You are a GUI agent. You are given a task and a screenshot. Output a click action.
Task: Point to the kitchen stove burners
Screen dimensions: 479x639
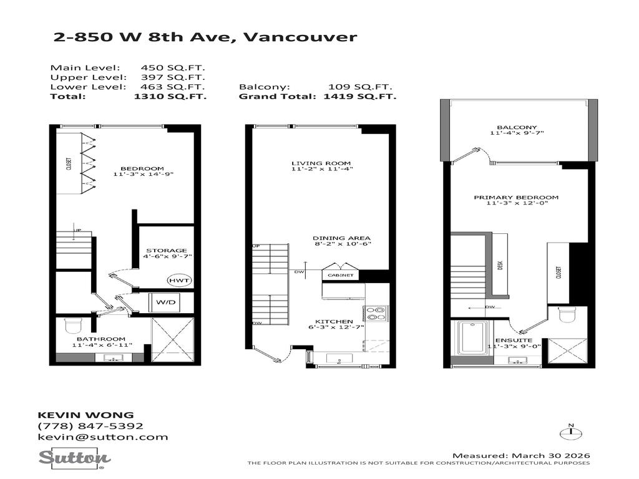[x=376, y=313]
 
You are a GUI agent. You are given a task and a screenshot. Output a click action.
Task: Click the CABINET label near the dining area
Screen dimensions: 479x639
[x=339, y=275]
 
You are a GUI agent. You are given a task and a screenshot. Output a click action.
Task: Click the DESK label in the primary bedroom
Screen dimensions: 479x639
[x=500, y=264]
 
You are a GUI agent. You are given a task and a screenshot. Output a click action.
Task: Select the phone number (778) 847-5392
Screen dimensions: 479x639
[x=90, y=426]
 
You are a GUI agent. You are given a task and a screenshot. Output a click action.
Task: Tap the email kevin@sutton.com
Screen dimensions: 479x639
[x=103, y=437]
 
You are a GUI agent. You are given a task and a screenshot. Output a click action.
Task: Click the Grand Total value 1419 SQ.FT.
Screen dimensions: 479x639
[x=360, y=97]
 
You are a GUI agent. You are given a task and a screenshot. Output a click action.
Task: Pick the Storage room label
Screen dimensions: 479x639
[x=167, y=250]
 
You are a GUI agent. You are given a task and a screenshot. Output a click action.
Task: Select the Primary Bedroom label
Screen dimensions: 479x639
[x=515, y=198]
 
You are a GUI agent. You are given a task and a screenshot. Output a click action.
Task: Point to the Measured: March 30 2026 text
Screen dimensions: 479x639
[x=521, y=455]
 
